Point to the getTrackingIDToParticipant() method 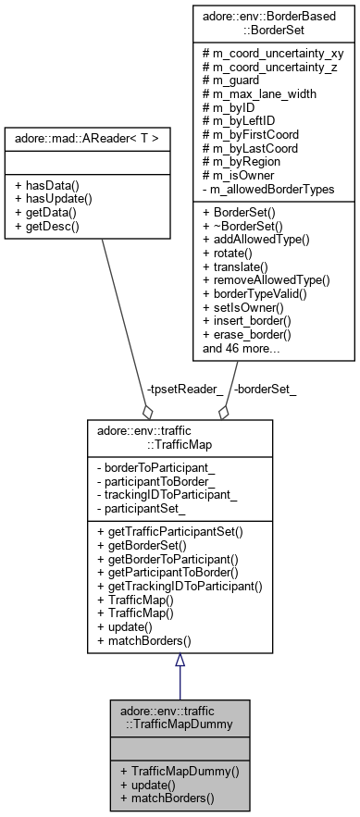[179, 585]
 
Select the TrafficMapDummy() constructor [173, 771]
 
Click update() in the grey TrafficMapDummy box [148, 784]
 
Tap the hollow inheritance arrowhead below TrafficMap [180, 660]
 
